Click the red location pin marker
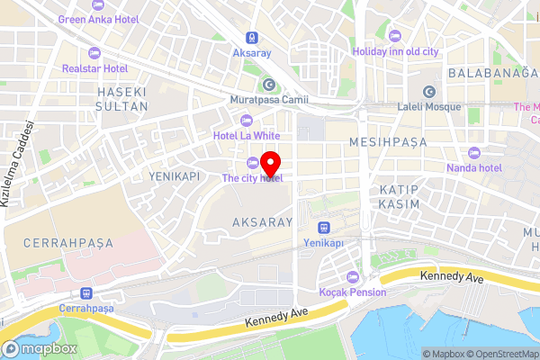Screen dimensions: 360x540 271,166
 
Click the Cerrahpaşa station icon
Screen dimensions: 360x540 86,292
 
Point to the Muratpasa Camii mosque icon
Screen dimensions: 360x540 267,85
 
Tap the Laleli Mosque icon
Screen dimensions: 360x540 428,92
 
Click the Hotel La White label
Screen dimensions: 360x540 247,136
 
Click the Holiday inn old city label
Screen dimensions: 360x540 395,51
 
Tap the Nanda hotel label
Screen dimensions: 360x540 472,167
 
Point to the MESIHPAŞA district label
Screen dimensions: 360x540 385,143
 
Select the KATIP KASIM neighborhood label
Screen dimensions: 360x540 399,199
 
